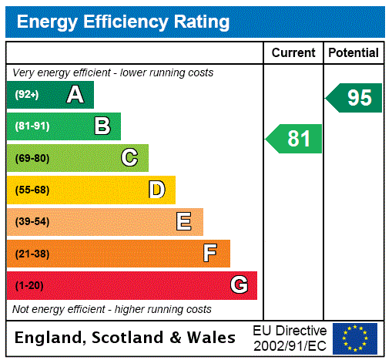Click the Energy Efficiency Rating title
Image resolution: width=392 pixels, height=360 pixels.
coord(122,22)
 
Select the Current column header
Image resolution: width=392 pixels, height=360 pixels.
coord(293,52)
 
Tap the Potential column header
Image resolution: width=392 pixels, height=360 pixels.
coord(353,52)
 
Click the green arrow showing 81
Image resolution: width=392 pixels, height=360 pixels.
coord(295,139)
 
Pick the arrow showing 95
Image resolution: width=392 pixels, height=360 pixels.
coord(354,98)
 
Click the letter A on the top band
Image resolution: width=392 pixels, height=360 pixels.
coord(75,95)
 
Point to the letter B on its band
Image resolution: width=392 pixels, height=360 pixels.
coord(102,126)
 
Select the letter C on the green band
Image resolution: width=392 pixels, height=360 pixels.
coord(129,158)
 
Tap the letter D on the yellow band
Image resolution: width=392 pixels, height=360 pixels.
coord(156,190)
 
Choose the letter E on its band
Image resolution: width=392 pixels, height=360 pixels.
coord(184,222)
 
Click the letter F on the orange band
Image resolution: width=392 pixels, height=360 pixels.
coord(210,253)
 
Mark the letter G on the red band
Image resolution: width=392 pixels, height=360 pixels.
coord(239,285)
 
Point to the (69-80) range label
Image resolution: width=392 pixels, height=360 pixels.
coord(32,159)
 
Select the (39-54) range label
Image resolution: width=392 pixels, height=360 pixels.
coord(32,222)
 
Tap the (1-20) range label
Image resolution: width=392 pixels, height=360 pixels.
coord(28,286)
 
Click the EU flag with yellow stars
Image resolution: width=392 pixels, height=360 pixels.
coord(354,338)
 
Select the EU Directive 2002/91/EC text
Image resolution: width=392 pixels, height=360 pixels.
coord(290,338)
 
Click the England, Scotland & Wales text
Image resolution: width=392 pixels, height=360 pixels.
coord(126,338)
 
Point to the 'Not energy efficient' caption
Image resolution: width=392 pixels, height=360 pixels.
coord(112,309)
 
